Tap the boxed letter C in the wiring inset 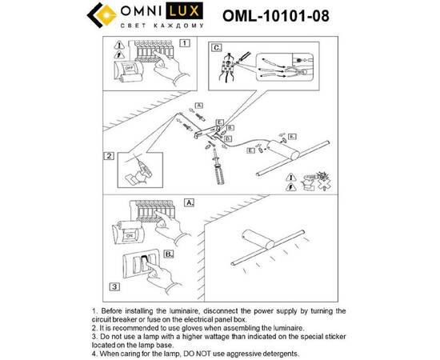pyautogui.click(x=216, y=47)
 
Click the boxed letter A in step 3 pyautogui.click(x=189, y=205)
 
